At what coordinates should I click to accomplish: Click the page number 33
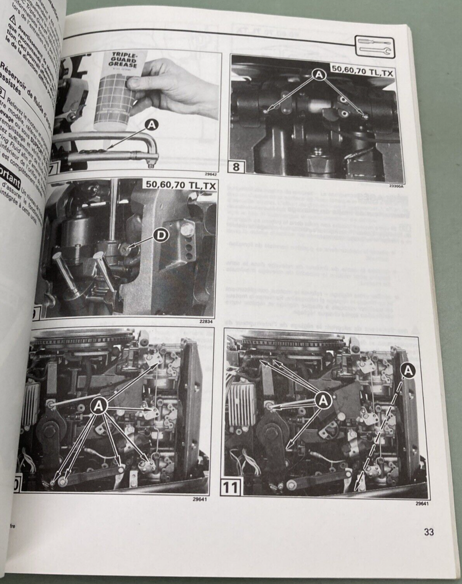pyautogui.click(x=428, y=532)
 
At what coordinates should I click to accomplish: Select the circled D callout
pyautogui.click(x=160, y=236)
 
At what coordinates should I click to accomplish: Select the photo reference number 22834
pyautogui.click(x=207, y=322)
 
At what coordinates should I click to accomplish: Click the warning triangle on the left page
pyautogui.click(x=12, y=19)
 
